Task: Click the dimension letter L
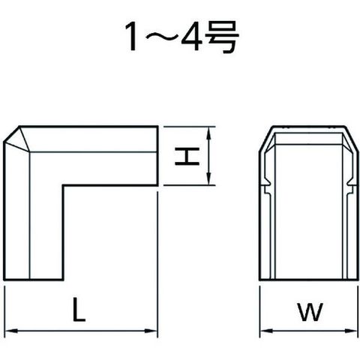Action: [x=79, y=309]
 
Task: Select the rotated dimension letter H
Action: [x=187, y=156]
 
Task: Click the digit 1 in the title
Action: [x=132, y=37]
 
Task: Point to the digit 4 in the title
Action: [x=193, y=37]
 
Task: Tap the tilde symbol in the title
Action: [x=160, y=37]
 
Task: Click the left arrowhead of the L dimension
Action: [x=11, y=331]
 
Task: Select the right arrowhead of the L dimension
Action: [x=151, y=331]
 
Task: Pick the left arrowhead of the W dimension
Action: [x=266, y=331]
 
